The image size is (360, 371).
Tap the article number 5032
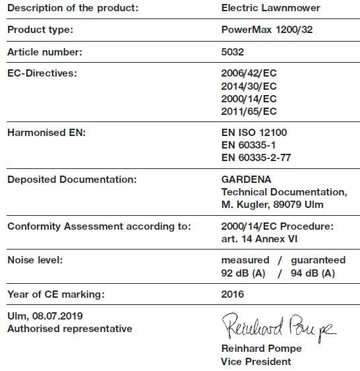coord(232,52)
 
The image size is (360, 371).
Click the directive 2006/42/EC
coord(249,74)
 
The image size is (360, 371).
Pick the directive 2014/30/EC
coord(249,86)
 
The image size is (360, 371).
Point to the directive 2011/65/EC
coord(249,112)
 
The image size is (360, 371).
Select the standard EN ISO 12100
coord(254,133)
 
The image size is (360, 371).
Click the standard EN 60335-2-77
coord(256,158)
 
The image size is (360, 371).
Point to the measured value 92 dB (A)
coord(243,273)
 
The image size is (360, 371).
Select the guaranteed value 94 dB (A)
coord(313,273)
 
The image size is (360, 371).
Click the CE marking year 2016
coord(232,294)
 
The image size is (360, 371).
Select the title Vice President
coord(256,361)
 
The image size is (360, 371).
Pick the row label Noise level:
coord(35,260)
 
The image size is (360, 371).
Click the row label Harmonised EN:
coord(46,133)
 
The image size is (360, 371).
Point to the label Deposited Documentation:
coord(72,180)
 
